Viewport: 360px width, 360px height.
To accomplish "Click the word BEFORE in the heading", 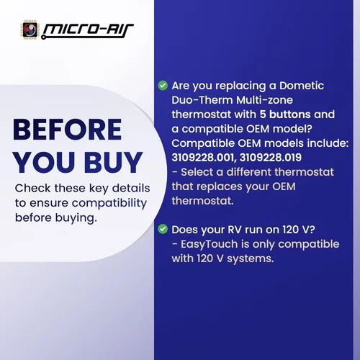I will point(68,130).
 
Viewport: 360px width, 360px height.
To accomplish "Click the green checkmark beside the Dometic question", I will point(163,86).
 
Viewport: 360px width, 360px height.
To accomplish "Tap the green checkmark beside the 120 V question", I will point(163,230).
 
